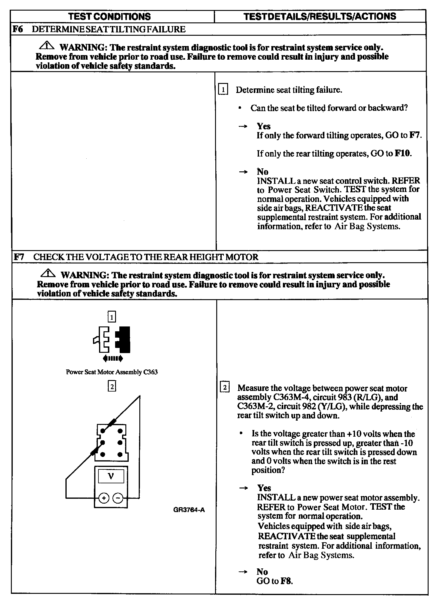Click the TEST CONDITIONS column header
coord(109,16)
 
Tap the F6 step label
coord(18,29)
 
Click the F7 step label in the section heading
coord(19,257)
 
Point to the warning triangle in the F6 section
coord(47,46)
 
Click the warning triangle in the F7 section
coord(48,274)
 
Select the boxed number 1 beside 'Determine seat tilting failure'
coord(223,90)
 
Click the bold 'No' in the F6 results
coord(263,172)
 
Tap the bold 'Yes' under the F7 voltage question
coord(264,488)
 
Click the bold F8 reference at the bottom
coord(286,581)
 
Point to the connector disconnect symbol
coord(112,344)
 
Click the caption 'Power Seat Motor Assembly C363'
coord(112,372)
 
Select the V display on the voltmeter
coord(111,476)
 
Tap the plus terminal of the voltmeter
coord(104,498)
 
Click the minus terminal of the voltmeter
coord(118,498)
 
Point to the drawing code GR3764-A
coord(189,510)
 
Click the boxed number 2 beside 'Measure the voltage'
coord(224,388)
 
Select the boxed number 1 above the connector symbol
coord(112,317)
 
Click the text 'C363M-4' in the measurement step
coord(290,397)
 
